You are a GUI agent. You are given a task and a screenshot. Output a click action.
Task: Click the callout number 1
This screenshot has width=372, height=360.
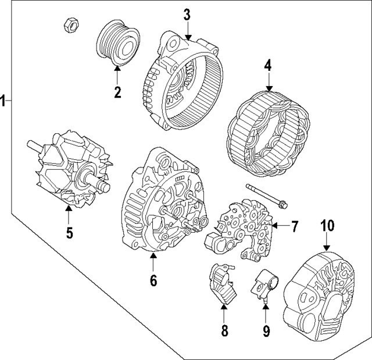(x=4, y=101)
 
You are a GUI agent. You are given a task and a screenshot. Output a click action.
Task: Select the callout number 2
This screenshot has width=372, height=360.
(x=117, y=92)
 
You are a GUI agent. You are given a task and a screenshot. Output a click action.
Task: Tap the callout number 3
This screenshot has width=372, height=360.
(x=187, y=15)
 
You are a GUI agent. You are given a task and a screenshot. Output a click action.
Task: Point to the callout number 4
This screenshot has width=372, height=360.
(x=268, y=66)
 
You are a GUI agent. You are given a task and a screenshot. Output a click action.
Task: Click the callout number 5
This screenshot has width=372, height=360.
(x=69, y=233)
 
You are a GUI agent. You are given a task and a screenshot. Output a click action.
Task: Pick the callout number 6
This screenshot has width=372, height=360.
(x=153, y=280)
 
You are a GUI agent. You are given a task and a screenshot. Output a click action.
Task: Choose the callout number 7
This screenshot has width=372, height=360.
(x=295, y=226)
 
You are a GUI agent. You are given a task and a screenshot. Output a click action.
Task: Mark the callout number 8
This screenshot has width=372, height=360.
(x=224, y=332)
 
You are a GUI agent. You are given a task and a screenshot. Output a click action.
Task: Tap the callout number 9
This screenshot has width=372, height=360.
(x=266, y=332)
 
